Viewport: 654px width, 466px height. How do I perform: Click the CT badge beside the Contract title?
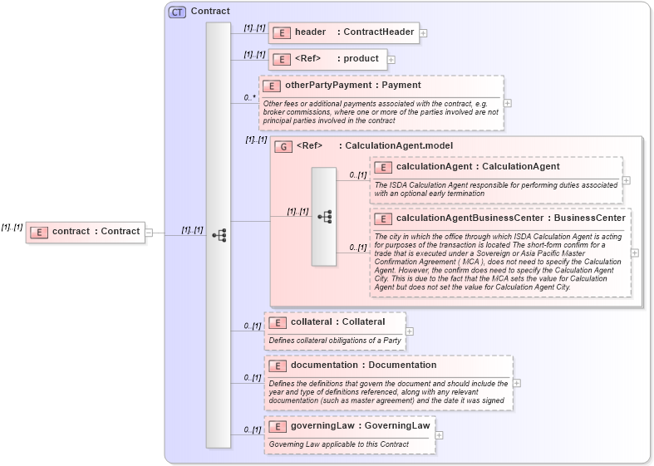click(x=177, y=12)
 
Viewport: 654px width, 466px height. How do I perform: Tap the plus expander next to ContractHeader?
click(x=424, y=33)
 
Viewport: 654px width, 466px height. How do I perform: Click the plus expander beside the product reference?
click(x=391, y=60)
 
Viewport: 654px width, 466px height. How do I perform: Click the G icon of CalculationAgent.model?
click(x=283, y=146)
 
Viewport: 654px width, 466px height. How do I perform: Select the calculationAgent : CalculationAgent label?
click(x=478, y=167)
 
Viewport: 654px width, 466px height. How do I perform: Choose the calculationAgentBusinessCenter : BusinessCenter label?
click(x=510, y=218)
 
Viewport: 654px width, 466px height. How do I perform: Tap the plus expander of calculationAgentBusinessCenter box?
click(x=635, y=253)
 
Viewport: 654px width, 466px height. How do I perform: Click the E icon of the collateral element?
click(x=277, y=322)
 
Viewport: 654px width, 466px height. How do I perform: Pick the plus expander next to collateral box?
click(x=410, y=331)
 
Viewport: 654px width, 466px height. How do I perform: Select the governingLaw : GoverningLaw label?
click(x=360, y=426)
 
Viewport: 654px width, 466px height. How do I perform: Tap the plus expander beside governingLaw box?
click(x=440, y=434)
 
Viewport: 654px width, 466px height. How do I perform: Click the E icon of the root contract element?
click(x=38, y=232)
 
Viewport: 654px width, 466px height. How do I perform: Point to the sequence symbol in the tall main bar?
click(x=219, y=235)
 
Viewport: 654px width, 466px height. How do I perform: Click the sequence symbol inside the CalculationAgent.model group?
click(x=324, y=216)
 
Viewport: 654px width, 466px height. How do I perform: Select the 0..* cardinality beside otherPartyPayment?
click(x=249, y=97)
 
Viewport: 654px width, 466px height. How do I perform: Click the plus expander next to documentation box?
click(x=517, y=383)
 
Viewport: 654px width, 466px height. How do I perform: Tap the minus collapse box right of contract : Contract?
click(x=149, y=232)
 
